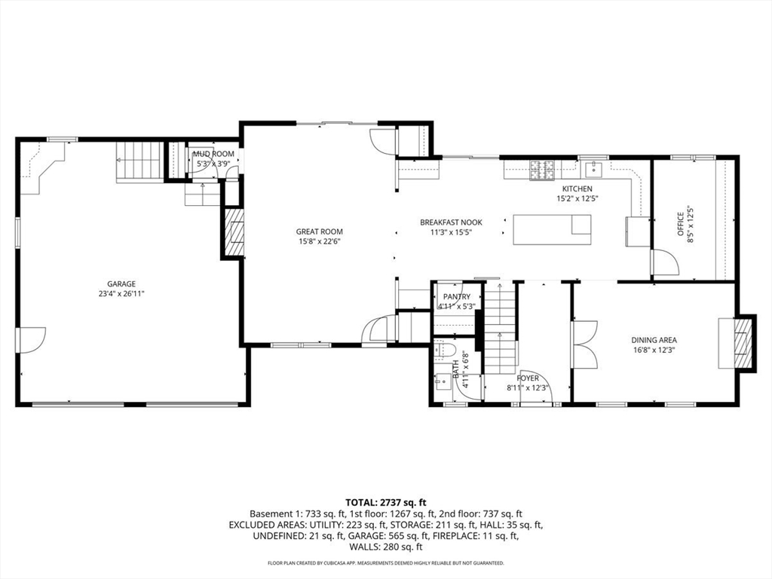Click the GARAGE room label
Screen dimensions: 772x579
121,284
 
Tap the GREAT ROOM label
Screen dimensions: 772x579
319,231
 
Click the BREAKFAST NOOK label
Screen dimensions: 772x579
451,222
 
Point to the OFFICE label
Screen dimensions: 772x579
681,224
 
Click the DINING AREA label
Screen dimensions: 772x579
654,340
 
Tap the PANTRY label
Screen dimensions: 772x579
456,297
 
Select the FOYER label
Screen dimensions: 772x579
527,378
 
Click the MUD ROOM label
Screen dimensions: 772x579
213,154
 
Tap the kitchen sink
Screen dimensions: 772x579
594,169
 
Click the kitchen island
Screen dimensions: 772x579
552,229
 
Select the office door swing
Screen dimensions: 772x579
666,262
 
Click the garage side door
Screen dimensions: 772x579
30,340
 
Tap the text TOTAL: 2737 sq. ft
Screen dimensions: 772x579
385,503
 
